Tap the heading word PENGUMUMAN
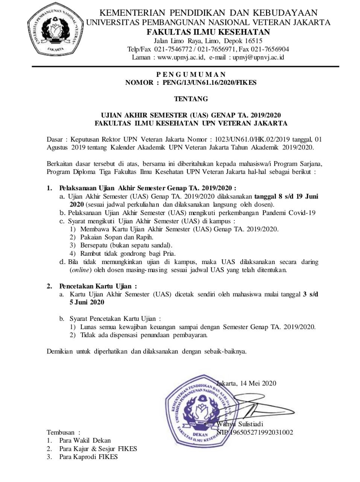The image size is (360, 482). coord(191,75)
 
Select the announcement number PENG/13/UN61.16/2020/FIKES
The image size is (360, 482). coord(209,82)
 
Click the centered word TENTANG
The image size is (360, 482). coord(191,99)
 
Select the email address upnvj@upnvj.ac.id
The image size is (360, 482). coord(258,57)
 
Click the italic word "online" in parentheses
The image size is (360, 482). coord(81,270)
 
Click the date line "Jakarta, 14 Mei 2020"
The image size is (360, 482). coord(247,383)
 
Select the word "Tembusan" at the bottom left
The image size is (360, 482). coord(61,432)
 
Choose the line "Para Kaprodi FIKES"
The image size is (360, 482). coord(88,457)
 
